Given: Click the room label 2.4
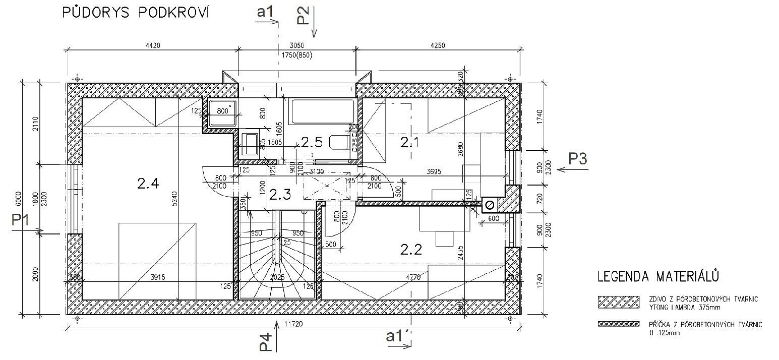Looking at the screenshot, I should [148, 184].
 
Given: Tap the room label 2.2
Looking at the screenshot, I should [411, 249].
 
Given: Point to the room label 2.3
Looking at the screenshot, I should [280, 195].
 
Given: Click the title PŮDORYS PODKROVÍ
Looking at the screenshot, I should [136, 13].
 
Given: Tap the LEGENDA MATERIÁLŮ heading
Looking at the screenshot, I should [657, 276].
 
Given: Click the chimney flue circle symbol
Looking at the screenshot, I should [489, 204].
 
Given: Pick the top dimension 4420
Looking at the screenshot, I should [152, 45].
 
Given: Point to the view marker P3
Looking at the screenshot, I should [577, 159].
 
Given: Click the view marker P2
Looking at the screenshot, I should [303, 15].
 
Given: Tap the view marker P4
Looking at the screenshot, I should [266, 342].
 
